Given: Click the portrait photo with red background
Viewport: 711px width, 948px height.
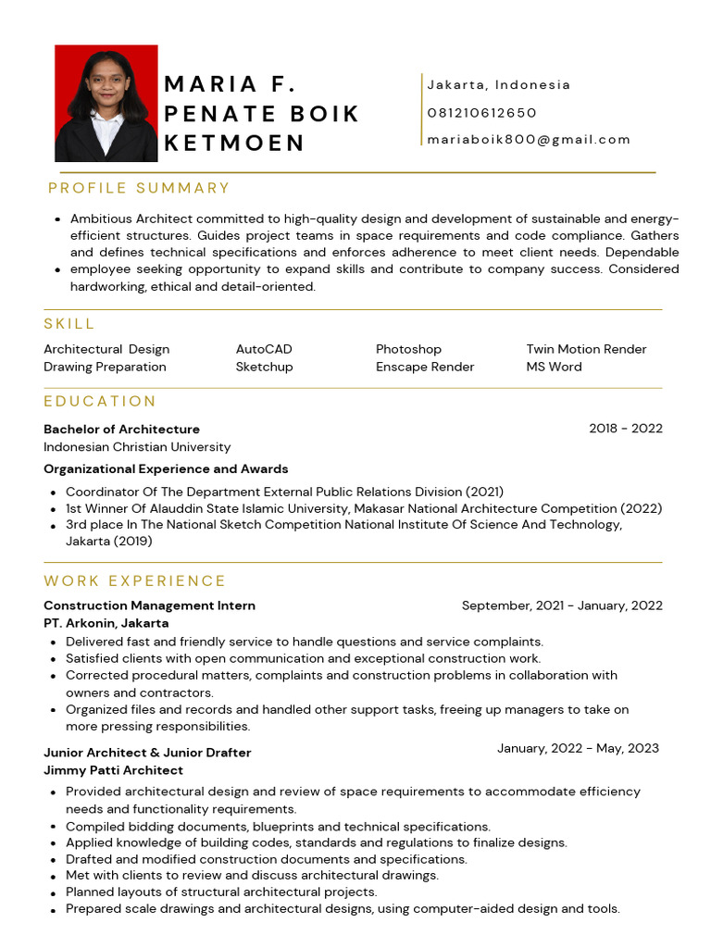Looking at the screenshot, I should pos(106,103).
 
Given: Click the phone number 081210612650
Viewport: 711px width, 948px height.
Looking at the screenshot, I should pos(481,113).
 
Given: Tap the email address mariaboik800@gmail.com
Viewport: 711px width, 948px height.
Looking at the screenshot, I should pos(529,140).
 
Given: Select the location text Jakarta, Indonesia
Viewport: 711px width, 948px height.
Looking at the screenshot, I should pos(499,85).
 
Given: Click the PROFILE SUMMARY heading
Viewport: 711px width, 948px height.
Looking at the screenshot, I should pos(139,188).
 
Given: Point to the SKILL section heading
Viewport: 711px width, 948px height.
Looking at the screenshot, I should pos(69,324).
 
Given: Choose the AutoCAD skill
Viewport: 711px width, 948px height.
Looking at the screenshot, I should pos(264,349).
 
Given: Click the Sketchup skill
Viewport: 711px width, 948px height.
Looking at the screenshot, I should pos(264,367).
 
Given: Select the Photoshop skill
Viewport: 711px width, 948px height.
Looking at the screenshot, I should pos(408,349).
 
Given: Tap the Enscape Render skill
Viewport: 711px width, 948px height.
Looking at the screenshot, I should pos(425,367).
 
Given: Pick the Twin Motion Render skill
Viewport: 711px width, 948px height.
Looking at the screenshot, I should pos(586,349).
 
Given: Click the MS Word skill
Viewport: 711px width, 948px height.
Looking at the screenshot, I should pos(554,367).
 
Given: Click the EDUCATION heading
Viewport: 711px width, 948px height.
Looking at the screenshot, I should pos(100,402).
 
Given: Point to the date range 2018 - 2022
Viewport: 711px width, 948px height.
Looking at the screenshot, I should pos(625,429).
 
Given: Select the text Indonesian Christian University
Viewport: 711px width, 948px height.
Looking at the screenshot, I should pos(137,447).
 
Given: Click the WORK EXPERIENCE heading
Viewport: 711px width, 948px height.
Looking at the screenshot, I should pos(135,581).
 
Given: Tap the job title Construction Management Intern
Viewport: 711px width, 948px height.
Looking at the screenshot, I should pos(149,605).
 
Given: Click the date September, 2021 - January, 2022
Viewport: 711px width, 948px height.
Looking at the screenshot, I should pos(562,605).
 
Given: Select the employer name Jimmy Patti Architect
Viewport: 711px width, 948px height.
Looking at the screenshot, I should pos(113,770).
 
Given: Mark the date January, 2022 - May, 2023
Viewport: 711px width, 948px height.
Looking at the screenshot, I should pos(578,748).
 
